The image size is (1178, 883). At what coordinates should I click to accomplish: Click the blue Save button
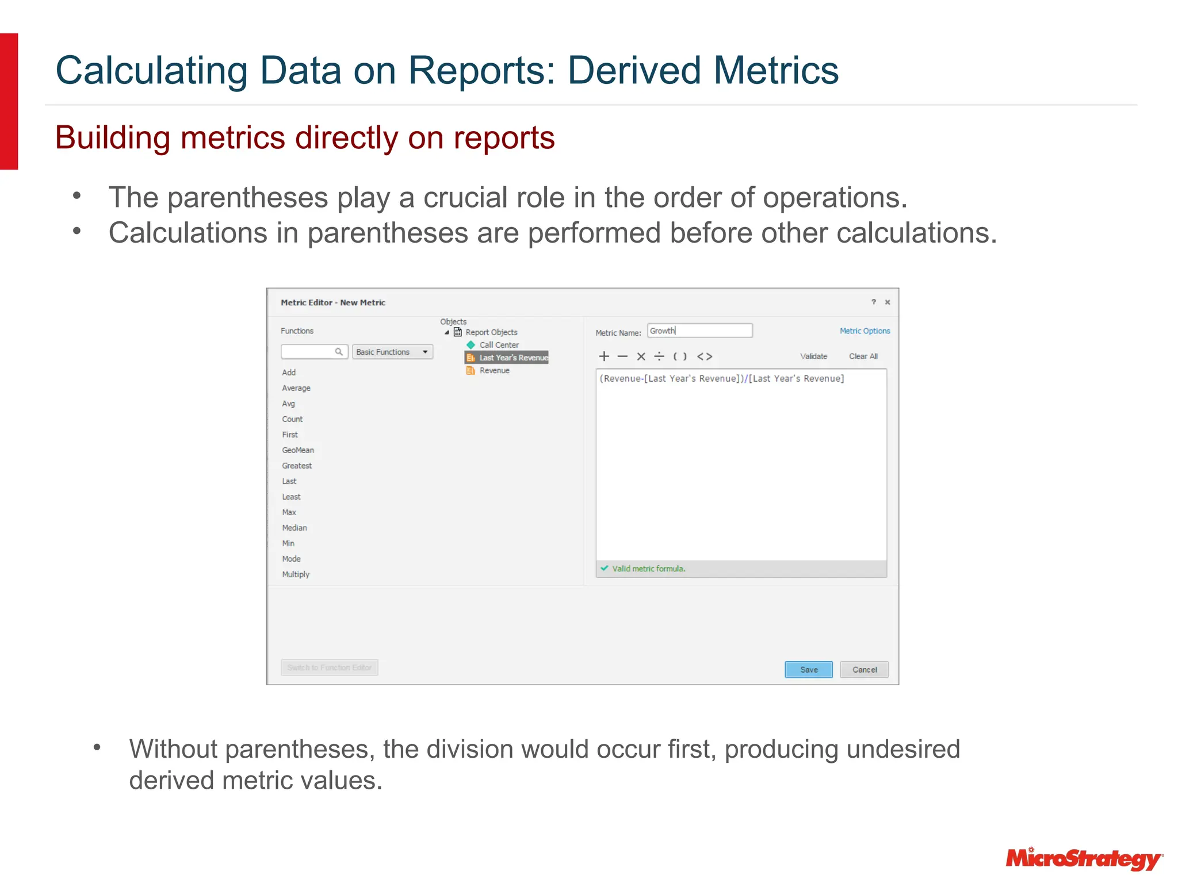coord(808,669)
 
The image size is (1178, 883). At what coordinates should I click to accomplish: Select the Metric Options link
coord(864,331)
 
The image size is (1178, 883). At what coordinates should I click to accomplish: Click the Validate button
coord(813,356)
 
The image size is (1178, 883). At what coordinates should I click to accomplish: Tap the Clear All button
coord(863,356)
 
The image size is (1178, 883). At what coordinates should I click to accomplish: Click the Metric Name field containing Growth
coord(699,331)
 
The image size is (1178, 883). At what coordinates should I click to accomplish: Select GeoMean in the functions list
coord(298,450)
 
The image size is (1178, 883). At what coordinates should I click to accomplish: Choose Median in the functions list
coord(294,528)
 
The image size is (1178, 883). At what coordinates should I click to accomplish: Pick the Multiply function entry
coord(296,574)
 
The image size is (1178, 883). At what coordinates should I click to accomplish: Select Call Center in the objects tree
coord(499,345)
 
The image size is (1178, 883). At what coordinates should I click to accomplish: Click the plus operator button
coord(604,356)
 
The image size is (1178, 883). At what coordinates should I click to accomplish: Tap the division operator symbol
coord(659,356)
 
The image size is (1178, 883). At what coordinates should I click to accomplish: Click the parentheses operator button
coord(680,356)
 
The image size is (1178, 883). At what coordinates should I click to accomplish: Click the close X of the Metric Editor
coord(888,302)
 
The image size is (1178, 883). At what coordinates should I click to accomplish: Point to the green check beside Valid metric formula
coord(604,568)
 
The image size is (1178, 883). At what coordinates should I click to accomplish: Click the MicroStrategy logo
coord(1084,859)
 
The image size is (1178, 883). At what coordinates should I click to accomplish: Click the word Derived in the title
coord(635,71)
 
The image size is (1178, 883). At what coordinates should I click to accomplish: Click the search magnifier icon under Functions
coord(339,352)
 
